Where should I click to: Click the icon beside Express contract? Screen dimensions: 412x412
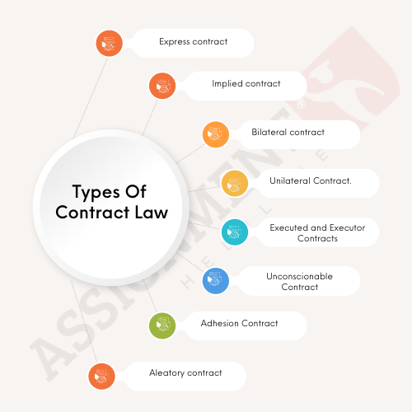pos(109,44)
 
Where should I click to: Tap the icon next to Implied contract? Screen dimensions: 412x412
pos(162,86)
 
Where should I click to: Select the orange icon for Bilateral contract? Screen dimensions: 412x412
pos(216,134)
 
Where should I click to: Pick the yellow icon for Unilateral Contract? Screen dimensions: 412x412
pos(235,183)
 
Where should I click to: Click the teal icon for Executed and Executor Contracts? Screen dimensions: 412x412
pos(235,232)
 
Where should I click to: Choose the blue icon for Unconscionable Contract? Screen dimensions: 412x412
pos(216,281)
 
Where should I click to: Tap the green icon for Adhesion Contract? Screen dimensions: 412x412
pos(162,325)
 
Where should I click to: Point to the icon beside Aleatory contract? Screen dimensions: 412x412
pos(101,377)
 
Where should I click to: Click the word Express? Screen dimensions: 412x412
pos(175,42)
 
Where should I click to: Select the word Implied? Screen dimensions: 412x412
pos(227,83)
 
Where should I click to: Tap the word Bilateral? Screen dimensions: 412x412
pos(269,132)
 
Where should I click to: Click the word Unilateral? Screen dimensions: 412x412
pos(290,180)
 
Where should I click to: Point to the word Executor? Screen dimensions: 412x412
pos(347,227)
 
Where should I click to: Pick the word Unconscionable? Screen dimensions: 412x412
pos(299,276)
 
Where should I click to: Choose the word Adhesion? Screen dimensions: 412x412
pos(220,323)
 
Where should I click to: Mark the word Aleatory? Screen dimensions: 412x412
pos(166,373)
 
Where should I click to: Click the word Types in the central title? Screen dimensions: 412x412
pos(96,192)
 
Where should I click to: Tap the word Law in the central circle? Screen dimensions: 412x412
pos(151,213)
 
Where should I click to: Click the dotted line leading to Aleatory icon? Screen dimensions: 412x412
pos(84,322)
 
